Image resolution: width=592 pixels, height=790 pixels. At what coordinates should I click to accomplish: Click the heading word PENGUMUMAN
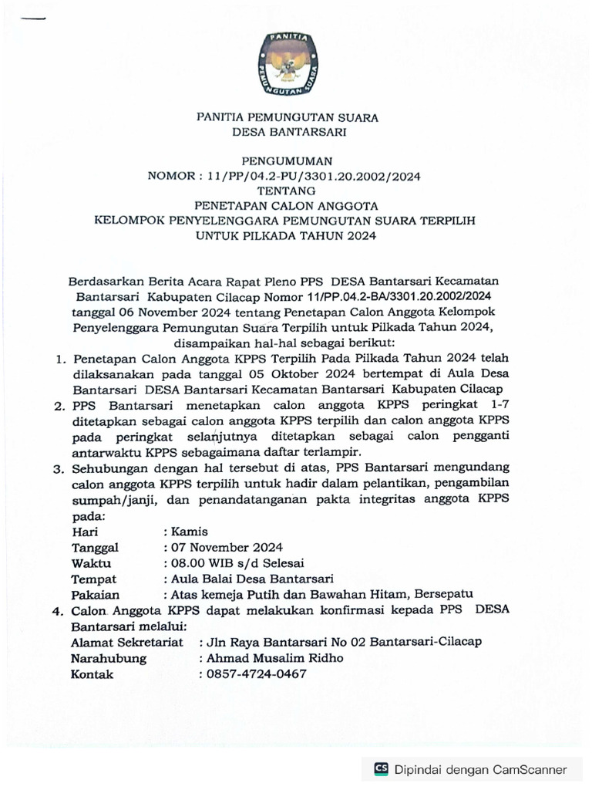pos(288,161)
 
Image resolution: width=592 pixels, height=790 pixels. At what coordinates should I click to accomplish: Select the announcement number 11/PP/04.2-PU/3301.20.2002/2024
pos(314,176)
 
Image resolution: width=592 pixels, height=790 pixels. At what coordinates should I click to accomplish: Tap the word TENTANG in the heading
pos(288,191)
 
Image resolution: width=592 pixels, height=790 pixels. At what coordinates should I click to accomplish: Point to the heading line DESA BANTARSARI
pos(288,132)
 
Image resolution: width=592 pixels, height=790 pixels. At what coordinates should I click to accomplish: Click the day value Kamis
pos(191,532)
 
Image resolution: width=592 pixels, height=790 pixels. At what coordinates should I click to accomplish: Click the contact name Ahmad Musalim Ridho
pos(275,657)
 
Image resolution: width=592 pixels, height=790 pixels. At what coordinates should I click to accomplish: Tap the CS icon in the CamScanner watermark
pos(381,768)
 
